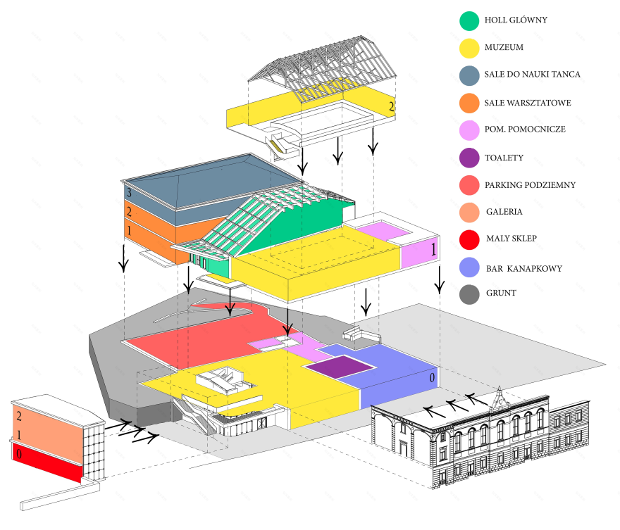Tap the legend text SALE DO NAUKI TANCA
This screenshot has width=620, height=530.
(x=532, y=74)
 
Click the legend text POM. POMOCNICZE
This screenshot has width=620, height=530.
(x=524, y=130)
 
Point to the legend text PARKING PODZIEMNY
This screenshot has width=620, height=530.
(x=530, y=185)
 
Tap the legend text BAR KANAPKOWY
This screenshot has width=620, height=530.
(x=523, y=268)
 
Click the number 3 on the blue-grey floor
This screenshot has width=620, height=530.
(x=128, y=192)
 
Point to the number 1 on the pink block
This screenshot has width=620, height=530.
(x=433, y=250)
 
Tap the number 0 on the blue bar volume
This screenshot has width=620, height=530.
(x=432, y=377)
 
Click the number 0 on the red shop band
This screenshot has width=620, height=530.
(x=18, y=455)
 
